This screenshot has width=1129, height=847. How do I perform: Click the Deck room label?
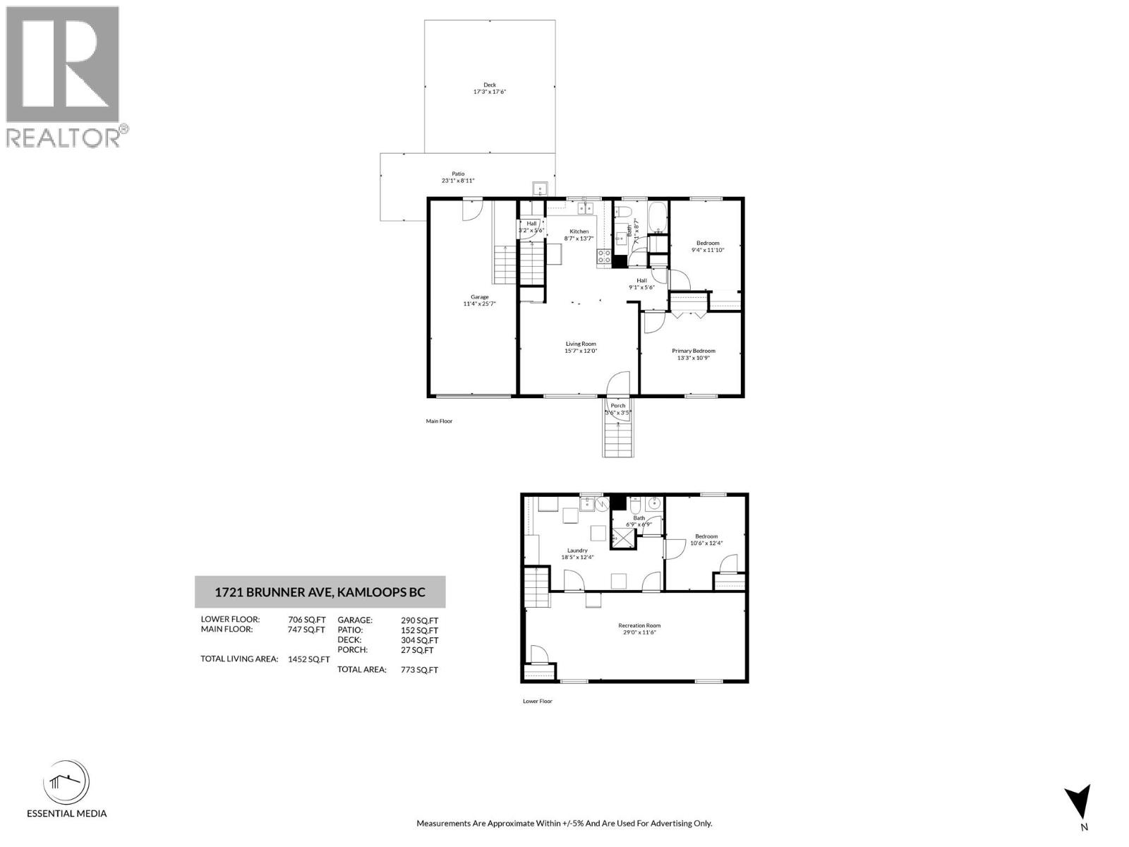490,85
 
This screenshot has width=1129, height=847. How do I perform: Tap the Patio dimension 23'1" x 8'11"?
458,181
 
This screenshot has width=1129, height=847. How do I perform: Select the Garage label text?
480,297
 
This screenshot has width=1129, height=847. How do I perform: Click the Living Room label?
581,344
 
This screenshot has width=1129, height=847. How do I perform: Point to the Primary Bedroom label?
693,351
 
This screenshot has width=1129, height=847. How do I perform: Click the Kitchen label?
579,232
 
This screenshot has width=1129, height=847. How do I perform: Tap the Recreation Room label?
639,625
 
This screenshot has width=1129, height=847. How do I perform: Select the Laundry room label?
577,551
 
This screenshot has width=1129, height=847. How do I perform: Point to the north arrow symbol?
1079,802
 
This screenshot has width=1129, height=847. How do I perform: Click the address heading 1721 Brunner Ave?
320,592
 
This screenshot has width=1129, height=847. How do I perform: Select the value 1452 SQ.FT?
308,660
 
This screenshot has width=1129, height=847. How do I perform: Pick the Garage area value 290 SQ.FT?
419,620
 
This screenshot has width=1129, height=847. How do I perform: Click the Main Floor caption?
439,421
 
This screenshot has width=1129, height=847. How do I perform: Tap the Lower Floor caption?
538,702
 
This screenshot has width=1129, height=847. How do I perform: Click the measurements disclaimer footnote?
564,824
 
